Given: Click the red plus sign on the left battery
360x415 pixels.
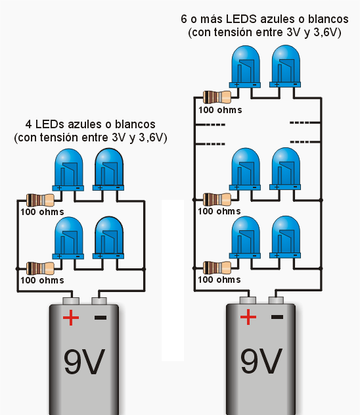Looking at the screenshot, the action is pyautogui.click(x=71, y=318).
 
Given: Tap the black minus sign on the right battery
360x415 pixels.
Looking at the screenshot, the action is pyautogui.click(x=277, y=317).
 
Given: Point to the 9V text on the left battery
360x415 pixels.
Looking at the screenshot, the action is pyautogui.click(x=84, y=362).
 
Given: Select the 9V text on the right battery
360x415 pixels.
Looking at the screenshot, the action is pyautogui.click(x=261, y=361).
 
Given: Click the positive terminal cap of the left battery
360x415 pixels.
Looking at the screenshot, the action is pyautogui.click(x=71, y=301).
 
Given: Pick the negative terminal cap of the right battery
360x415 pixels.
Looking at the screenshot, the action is pyautogui.click(x=276, y=300).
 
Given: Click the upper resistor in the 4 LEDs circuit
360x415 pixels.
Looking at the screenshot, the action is pyautogui.click(x=41, y=200).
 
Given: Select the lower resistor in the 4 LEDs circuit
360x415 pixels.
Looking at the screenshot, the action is pyautogui.click(x=41, y=268).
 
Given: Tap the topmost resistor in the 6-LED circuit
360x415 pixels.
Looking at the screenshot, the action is pyautogui.click(x=217, y=97).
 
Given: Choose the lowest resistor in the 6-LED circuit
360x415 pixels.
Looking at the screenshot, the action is pyautogui.click(x=217, y=268).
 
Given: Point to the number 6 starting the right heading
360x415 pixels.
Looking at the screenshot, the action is pyautogui.click(x=184, y=19).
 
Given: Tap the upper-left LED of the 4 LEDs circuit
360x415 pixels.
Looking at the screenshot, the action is pyautogui.click(x=68, y=170).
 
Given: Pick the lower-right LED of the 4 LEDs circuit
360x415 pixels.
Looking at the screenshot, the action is pyautogui.click(x=108, y=237).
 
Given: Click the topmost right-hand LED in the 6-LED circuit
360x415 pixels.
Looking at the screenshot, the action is pyautogui.click(x=286, y=66).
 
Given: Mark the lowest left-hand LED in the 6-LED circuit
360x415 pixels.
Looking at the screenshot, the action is pyautogui.click(x=245, y=237).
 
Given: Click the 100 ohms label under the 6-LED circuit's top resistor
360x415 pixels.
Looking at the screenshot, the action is pyautogui.click(x=220, y=110).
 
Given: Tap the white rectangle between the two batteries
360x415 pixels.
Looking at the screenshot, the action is pyautogui.click(x=173, y=280).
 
